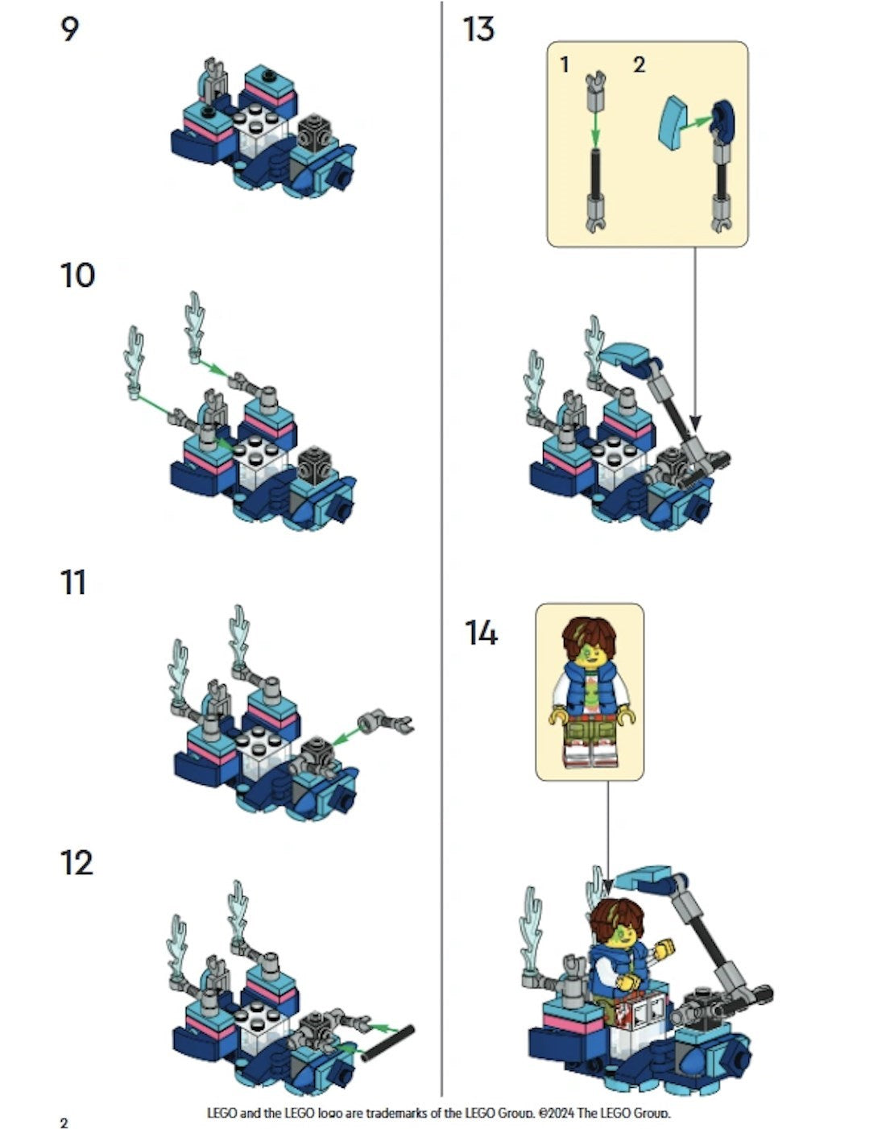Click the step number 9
click(x=69, y=29)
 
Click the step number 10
click(x=77, y=276)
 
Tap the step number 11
click(x=72, y=583)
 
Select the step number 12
click(x=77, y=863)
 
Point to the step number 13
click(x=478, y=29)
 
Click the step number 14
click(x=481, y=633)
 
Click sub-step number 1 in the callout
click(x=564, y=65)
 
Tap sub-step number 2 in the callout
click(x=639, y=65)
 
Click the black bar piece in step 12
click(x=388, y=1044)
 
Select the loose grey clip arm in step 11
click(x=385, y=722)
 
